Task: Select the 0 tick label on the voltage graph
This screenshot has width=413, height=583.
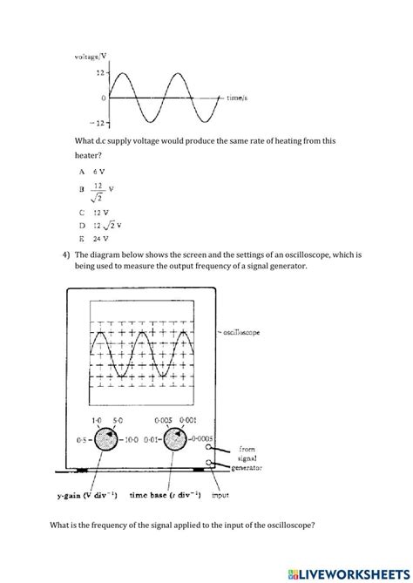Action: (103, 98)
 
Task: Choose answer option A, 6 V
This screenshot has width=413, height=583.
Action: (91, 172)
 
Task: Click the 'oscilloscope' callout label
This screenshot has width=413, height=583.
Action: (246, 332)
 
